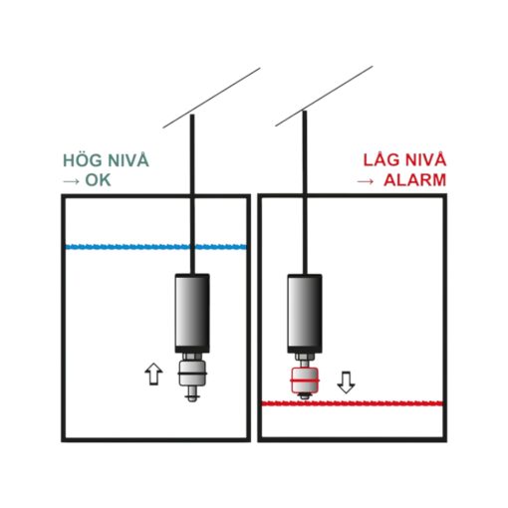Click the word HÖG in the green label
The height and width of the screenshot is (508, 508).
point(83,160)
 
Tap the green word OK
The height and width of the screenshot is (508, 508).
point(98,180)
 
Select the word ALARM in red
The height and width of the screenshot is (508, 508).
point(414,180)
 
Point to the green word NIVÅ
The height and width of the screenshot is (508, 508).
point(128,160)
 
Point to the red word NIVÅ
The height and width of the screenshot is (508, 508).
point(426,159)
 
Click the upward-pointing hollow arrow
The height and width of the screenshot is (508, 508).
point(153,374)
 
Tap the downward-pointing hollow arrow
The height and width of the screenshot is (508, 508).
point(346,382)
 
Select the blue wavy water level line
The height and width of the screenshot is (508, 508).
point(156,247)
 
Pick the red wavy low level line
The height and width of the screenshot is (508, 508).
point(353,403)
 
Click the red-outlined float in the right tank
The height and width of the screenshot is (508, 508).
point(305,381)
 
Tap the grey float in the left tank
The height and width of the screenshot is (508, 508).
point(192,374)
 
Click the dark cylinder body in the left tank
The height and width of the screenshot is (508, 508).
point(192,313)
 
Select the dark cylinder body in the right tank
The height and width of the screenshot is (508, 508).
point(305,314)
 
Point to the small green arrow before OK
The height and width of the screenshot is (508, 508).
point(72,181)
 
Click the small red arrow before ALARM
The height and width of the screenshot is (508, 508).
point(366,181)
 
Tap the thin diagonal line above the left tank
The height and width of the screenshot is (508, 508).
point(211,98)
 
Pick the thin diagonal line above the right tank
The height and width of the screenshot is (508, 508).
point(324,96)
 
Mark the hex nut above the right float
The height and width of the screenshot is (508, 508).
point(305,358)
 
